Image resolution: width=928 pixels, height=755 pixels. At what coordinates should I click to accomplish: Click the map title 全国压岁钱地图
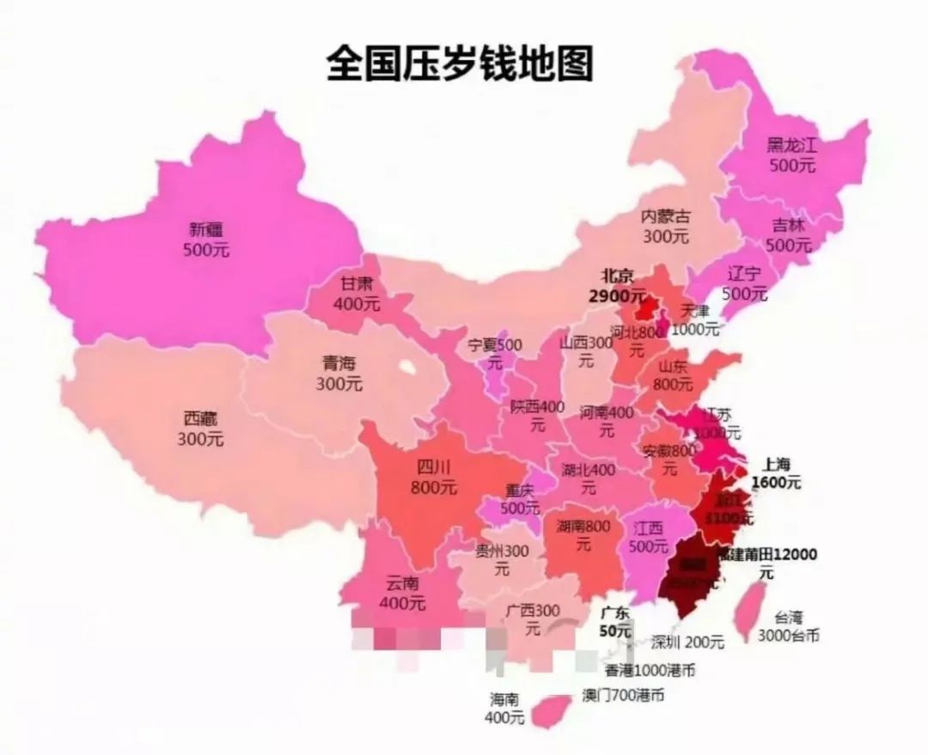pos(460,64)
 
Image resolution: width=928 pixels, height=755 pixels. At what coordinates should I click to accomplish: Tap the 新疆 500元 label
pos(206,240)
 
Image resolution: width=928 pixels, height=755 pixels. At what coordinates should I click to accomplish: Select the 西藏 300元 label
pos(200,429)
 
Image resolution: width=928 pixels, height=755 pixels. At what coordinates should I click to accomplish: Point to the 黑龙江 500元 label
pos(792,155)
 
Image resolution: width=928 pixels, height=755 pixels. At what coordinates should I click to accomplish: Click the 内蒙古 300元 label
pos(666,226)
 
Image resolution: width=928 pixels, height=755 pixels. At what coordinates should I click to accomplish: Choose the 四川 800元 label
pos(434,478)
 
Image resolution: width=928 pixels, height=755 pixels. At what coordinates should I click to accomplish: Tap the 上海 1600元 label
pos(776,472)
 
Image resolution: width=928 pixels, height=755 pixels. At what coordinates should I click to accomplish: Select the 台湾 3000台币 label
pos(788,626)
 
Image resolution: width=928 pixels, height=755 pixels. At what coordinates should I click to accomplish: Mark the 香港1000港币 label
pos(649,670)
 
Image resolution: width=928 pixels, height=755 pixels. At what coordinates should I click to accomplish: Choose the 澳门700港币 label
pos(622,694)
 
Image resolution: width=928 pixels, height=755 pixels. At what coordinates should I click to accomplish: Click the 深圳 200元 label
pos(687,642)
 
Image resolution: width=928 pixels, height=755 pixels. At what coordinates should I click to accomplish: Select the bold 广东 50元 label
pos(615,621)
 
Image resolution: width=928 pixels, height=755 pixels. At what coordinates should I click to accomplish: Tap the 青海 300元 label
pos(339,374)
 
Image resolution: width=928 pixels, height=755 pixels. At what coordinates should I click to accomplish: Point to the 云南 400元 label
pos(402,593)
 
